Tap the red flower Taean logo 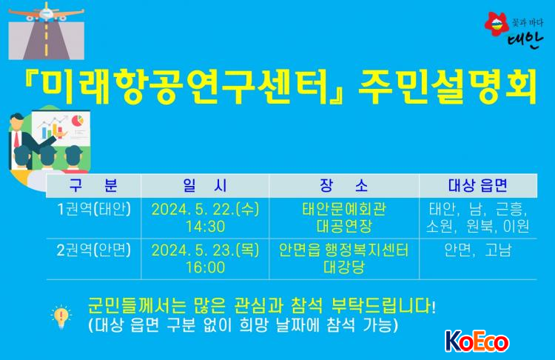click(x=497, y=24)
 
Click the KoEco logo click(x=477, y=341)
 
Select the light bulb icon click(x=61, y=316)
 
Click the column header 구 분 click(x=93, y=185)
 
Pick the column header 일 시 click(x=205, y=185)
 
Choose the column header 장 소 click(x=343, y=185)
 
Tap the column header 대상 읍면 click(x=478, y=185)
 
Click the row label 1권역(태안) click(x=94, y=209)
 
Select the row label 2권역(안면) click(x=94, y=250)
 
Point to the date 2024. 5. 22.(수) click(x=205, y=209)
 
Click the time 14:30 click(x=205, y=227)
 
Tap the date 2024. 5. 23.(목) click(x=205, y=250)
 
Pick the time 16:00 click(x=205, y=267)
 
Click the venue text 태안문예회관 click(x=343, y=209)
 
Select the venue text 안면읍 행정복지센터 click(x=343, y=250)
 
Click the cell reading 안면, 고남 click(x=478, y=250)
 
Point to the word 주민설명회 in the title click(x=448, y=87)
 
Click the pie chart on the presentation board click(x=78, y=121)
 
